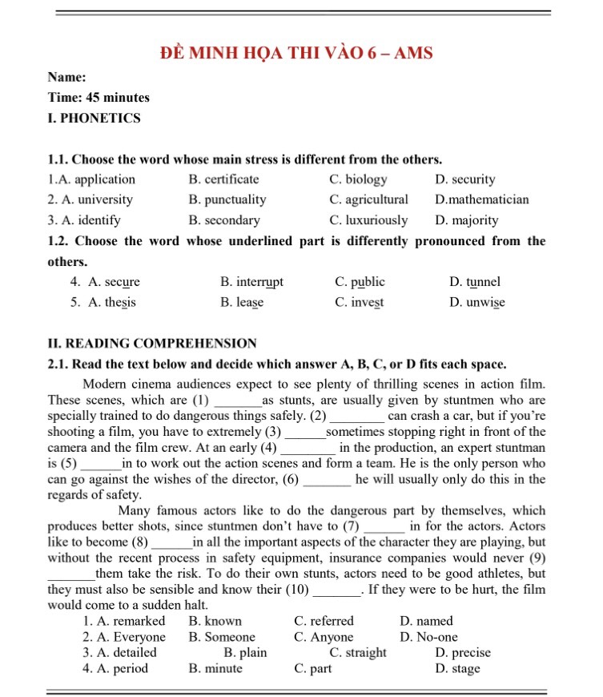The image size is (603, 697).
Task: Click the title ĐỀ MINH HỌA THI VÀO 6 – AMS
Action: click(x=296, y=54)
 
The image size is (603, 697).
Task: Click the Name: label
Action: click(x=67, y=78)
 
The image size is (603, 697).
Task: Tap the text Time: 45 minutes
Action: click(x=98, y=98)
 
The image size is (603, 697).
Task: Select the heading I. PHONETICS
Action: click(x=94, y=118)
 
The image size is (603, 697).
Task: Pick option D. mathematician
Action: click(x=482, y=199)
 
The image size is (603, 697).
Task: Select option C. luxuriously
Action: click(x=368, y=220)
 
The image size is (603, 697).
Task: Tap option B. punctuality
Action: click(x=227, y=199)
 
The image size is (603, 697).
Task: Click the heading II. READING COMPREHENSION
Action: click(x=152, y=344)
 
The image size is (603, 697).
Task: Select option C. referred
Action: click(x=324, y=621)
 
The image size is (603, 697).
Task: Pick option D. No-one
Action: click(x=428, y=637)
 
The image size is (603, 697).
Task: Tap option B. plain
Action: click(x=245, y=653)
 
